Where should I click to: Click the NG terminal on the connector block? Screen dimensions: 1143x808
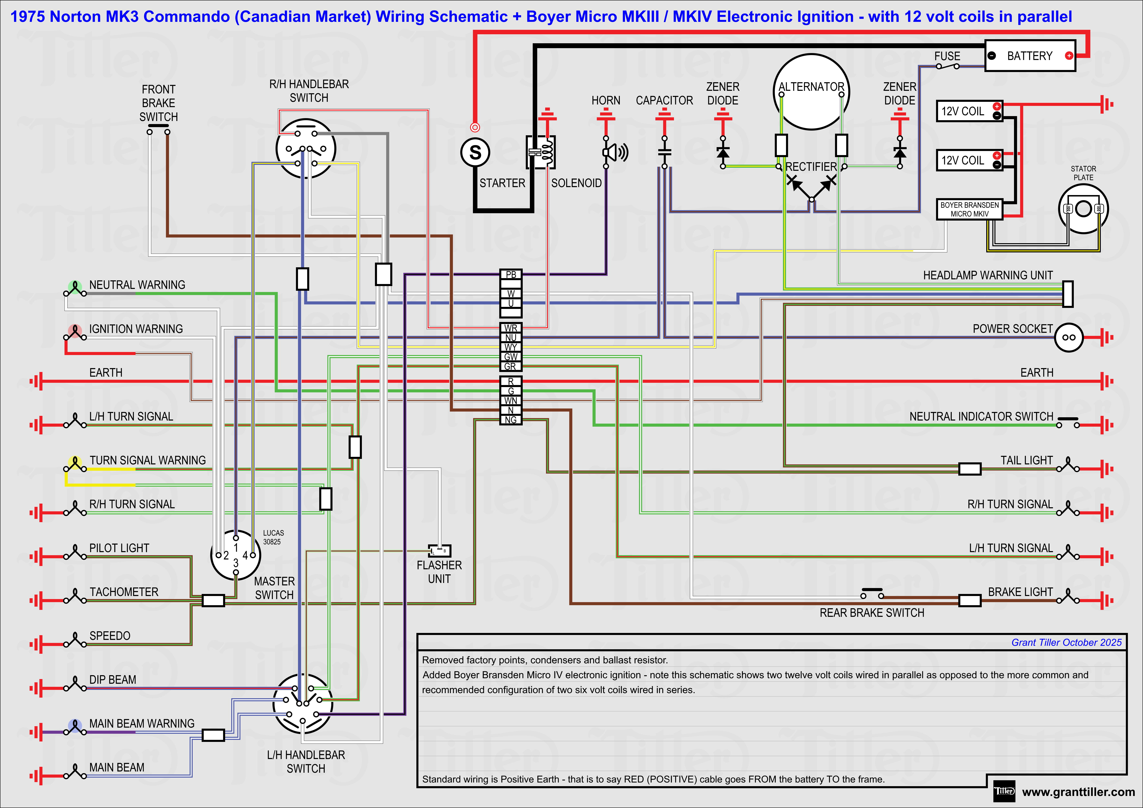pyautogui.click(x=511, y=420)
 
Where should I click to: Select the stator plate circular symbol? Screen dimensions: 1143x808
pyautogui.click(x=1083, y=209)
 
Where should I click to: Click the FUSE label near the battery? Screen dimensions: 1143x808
pyautogui.click(x=947, y=56)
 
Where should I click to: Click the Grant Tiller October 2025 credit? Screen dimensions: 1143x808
pyautogui.click(x=1066, y=642)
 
